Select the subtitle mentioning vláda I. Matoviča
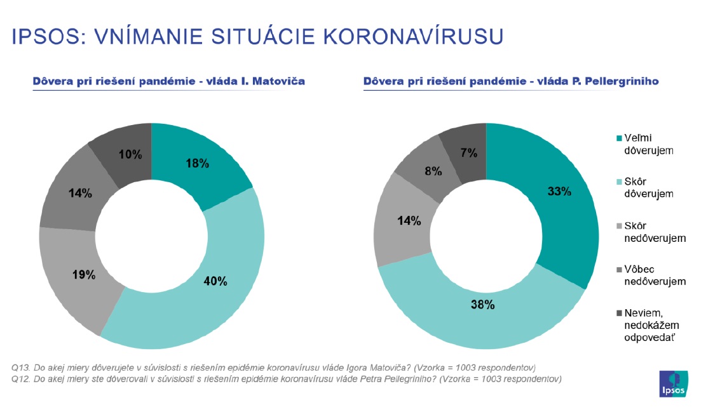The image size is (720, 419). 169,81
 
